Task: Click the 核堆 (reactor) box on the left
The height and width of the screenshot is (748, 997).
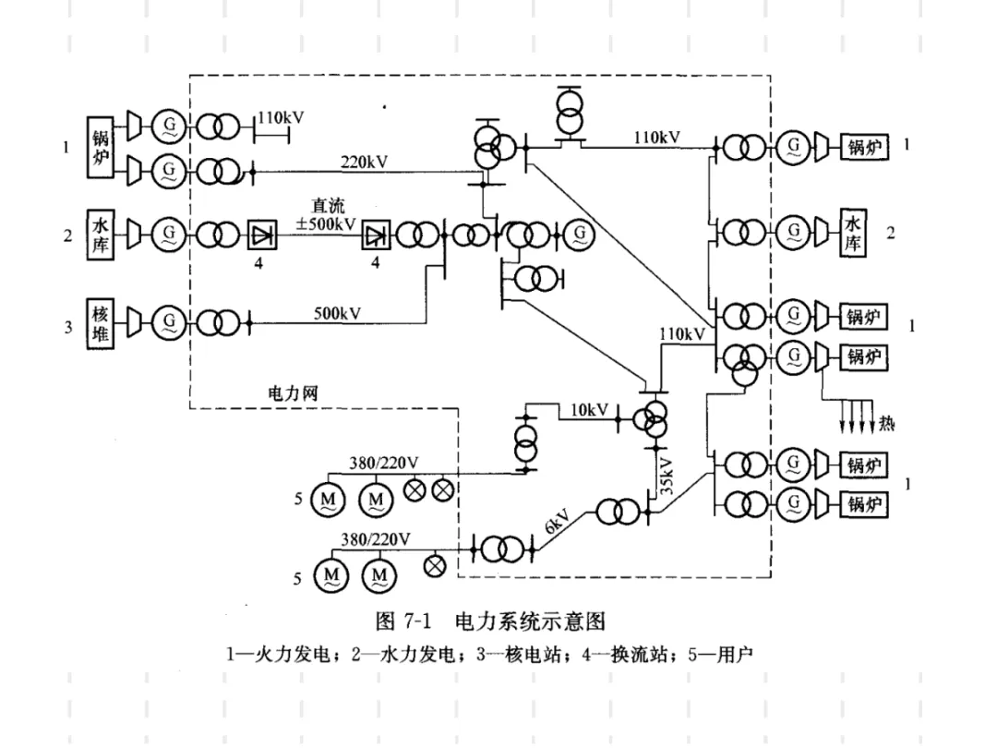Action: tap(100, 324)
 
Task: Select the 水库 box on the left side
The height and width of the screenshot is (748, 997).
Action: tap(100, 235)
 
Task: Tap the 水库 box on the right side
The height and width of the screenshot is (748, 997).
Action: tap(853, 232)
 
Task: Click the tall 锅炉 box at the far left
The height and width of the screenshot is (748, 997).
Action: tap(100, 147)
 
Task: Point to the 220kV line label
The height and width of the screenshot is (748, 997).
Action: tap(364, 163)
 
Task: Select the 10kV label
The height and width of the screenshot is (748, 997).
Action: tap(589, 410)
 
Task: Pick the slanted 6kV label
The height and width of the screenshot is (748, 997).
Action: tap(557, 522)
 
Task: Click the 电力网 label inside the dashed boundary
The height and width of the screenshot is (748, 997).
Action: tap(293, 393)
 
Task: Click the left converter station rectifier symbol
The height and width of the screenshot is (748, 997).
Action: tap(262, 236)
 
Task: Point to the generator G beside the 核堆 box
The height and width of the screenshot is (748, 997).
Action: tap(169, 322)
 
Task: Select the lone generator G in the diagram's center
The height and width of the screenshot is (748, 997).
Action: tap(579, 235)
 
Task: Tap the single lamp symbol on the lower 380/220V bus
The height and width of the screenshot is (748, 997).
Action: tap(435, 565)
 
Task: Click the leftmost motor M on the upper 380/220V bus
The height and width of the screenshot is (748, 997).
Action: tap(328, 500)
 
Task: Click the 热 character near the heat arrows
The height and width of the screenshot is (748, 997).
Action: tap(886, 423)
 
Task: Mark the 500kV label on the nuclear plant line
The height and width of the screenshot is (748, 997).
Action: tap(337, 314)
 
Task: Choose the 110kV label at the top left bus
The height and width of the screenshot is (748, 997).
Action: tap(281, 117)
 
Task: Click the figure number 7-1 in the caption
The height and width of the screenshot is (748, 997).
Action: tap(417, 621)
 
